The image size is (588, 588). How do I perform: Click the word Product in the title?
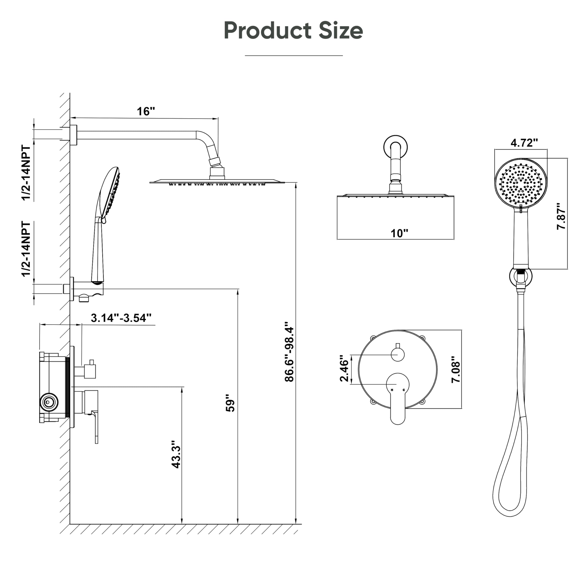coord(268,31)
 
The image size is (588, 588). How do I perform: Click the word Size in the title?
coord(341,31)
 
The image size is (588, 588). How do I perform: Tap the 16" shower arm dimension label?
coord(146,111)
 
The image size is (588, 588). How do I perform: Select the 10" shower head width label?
coord(399,233)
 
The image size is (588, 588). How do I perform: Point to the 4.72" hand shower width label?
coord(524,142)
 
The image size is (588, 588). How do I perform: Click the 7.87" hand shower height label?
coord(561,216)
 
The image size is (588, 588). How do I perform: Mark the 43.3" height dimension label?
coord(176,454)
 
